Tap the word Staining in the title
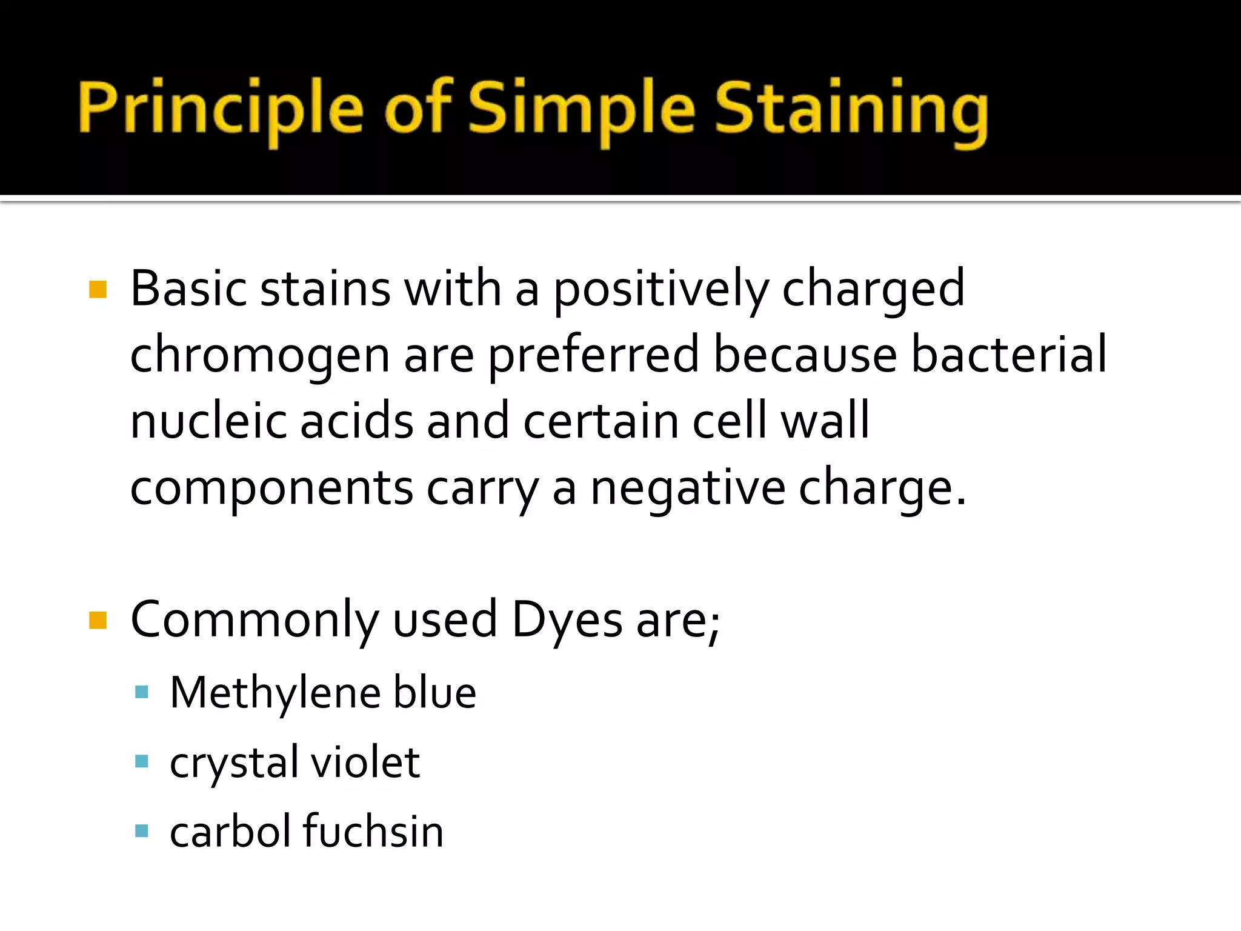[x=851, y=109]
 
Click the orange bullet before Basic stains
[x=98, y=289]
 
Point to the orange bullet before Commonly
[x=98, y=620]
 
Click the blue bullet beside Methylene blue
[x=142, y=692]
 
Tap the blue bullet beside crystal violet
[x=142, y=761]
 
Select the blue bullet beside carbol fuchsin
[x=142, y=830]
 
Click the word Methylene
[x=275, y=692]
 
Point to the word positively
[x=661, y=290]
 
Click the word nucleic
[x=208, y=421]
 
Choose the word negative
[x=688, y=487]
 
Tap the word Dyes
[x=567, y=620]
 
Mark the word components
[x=271, y=489]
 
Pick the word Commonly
[x=255, y=620]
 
